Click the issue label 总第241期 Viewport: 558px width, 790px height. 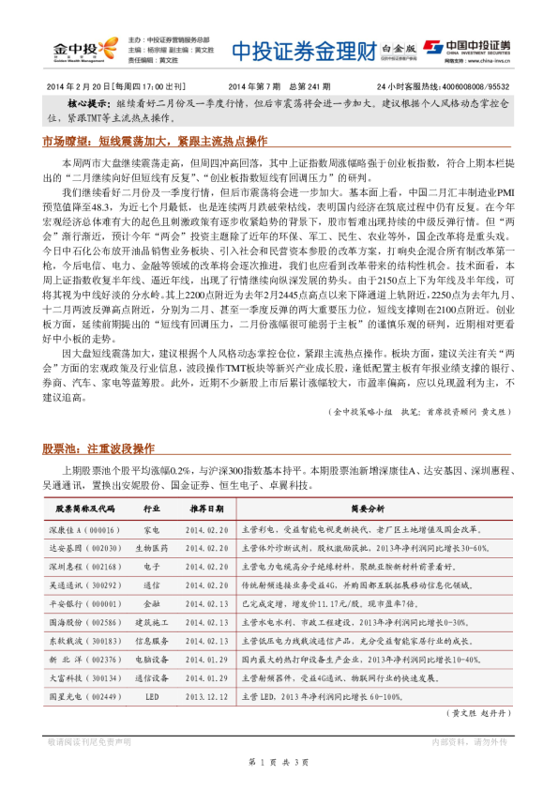pos(298,86)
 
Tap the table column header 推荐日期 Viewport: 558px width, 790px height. pos(206,509)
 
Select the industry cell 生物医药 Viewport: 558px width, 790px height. pos(152,548)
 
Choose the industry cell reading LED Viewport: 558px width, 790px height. pos(152,697)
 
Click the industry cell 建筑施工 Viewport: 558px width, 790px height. pos(152,622)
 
